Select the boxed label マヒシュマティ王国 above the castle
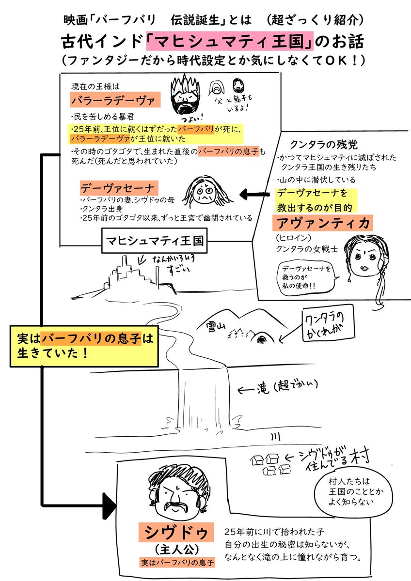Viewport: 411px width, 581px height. coord(153,241)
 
